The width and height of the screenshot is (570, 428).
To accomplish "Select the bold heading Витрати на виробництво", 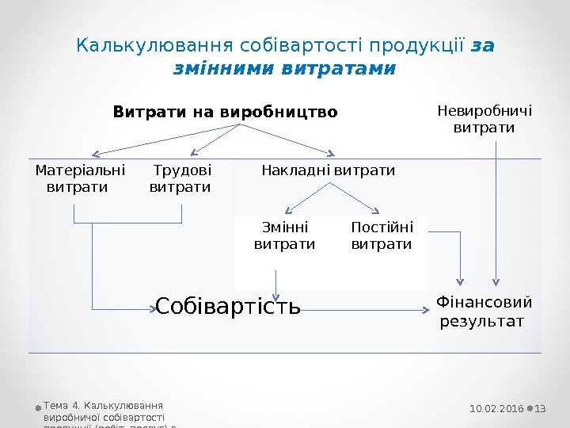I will pos(226,112).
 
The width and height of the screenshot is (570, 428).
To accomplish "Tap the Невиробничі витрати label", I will pos(484,119).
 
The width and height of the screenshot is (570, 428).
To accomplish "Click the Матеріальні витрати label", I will pos(80,178).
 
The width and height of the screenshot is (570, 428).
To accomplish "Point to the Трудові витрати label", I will pos(181,178).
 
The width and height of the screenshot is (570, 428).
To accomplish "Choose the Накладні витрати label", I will pos(328,170).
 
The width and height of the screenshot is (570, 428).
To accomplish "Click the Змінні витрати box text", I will pos(284,236).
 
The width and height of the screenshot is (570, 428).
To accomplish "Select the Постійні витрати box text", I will pos(382,236).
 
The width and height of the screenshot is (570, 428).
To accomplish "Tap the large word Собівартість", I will pos(228,306).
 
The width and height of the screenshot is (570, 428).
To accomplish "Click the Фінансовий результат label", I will pos(484,311).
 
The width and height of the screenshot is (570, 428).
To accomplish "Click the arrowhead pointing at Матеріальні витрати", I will pos(96,154).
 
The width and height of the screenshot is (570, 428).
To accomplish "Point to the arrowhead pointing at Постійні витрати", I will pos(372,209).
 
